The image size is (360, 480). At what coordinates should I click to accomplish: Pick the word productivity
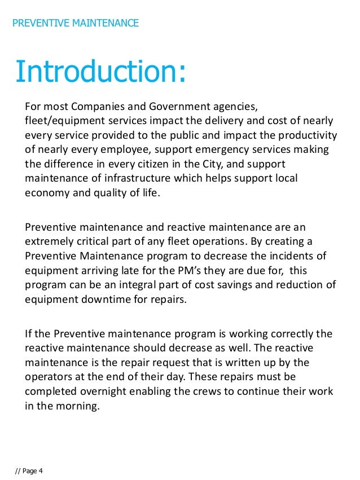305,135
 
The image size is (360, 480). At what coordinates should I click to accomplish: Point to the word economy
47,192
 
